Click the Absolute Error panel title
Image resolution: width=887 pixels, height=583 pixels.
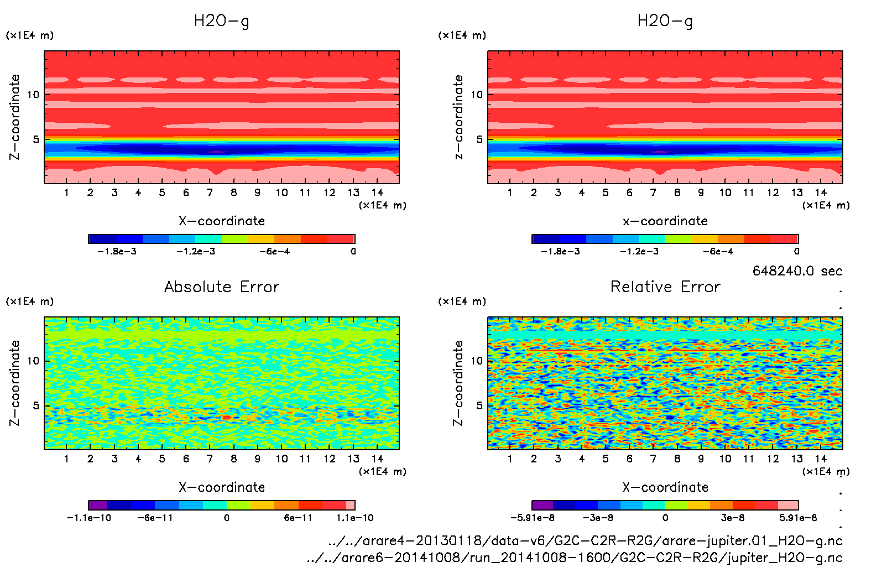[222, 287]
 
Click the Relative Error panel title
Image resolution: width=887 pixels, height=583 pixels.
[665, 287]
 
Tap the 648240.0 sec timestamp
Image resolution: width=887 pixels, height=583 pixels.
[797, 271]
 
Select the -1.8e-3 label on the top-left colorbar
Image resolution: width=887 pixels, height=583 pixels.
[117, 252]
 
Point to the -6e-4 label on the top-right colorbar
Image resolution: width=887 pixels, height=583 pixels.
[718, 252]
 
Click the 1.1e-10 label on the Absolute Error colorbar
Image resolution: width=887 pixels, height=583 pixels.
[355, 518]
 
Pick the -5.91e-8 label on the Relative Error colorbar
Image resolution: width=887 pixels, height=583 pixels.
[532, 518]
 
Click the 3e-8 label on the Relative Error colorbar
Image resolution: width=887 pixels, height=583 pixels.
[733, 518]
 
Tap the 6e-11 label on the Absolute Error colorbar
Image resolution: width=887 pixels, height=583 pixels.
[298, 518]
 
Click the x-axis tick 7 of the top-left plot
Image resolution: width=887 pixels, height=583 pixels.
[210, 192]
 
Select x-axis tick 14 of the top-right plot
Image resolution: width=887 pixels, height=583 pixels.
[821, 192]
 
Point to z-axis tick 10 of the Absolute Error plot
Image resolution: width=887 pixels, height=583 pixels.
[33, 361]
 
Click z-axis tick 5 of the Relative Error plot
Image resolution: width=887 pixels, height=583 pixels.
[479, 405]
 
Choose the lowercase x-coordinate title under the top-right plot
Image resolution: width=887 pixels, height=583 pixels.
[665, 221]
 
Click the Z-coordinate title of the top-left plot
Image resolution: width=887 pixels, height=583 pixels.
[15, 117]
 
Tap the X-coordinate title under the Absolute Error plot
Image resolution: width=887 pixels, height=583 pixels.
[222, 487]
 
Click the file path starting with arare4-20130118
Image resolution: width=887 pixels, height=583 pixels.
[585, 540]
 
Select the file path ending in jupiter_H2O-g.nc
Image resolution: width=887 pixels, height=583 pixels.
[575, 558]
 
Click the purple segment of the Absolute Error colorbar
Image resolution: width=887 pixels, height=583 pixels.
[98, 505]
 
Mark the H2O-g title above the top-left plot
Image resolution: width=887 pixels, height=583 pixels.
[222, 21]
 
